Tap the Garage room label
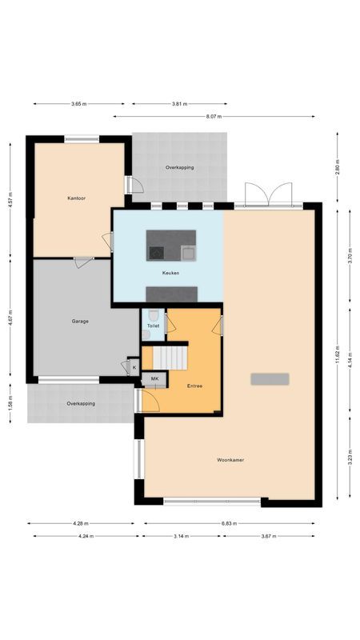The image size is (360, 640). pos(79,321)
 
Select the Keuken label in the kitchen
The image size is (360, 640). pos(170,273)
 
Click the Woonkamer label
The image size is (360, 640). pos(230,460)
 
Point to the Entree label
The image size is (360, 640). pos(194,386)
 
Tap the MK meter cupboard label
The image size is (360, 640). pos(155,378)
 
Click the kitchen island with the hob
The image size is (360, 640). pos(170,246)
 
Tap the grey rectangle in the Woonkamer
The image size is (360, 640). pos(269,378)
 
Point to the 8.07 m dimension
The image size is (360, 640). pos(213,117)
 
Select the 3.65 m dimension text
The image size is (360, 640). pos(78,103)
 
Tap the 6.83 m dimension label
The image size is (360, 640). pos(231,524)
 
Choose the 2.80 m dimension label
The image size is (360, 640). pos(338,169)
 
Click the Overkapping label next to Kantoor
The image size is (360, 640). pos(179,167)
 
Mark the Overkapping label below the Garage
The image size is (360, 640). pos(81,403)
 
